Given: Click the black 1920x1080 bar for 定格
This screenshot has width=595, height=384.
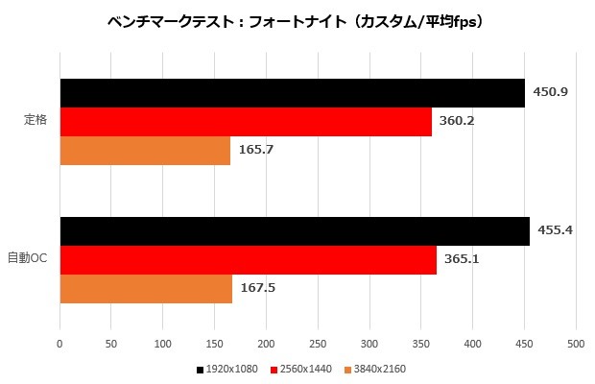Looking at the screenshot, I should [293, 93].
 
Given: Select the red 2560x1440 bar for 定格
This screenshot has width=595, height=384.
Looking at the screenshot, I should [246, 122].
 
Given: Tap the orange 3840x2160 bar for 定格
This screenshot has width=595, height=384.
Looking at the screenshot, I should [145, 151].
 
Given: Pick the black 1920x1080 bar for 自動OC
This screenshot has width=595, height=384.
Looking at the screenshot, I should [295, 231].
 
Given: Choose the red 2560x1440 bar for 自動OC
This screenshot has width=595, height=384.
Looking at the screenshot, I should [249, 260].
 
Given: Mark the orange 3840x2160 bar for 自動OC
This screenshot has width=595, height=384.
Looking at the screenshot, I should [146, 289].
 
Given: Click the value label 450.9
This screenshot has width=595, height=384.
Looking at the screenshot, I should [550, 92].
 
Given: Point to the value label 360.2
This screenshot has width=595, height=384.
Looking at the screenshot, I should [457, 122].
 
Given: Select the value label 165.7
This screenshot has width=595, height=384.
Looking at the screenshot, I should [254, 150].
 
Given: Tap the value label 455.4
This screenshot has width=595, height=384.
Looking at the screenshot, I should [555, 230].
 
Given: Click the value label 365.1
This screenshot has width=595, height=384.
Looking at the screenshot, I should [462, 259].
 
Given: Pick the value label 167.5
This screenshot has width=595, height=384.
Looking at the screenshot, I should [256, 288].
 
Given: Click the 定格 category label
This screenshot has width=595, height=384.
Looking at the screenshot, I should [36, 122].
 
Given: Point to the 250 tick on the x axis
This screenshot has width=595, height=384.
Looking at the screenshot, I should [318, 343].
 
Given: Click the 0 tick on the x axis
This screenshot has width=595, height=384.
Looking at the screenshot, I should [59, 343].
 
